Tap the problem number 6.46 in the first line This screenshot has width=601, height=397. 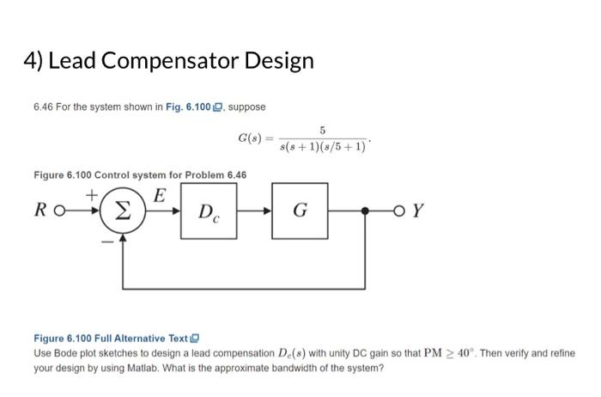[x=44, y=107]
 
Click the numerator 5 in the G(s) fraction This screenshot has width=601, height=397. [x=321, y=130]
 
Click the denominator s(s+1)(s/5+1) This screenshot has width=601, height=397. [x=322, y=147]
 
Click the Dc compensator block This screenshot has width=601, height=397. [x=209, y=211]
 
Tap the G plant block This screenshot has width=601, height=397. [x=299, y=211]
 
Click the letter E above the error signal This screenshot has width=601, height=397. [x=158, y=195]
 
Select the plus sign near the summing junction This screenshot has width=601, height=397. [x=93, y=196]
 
